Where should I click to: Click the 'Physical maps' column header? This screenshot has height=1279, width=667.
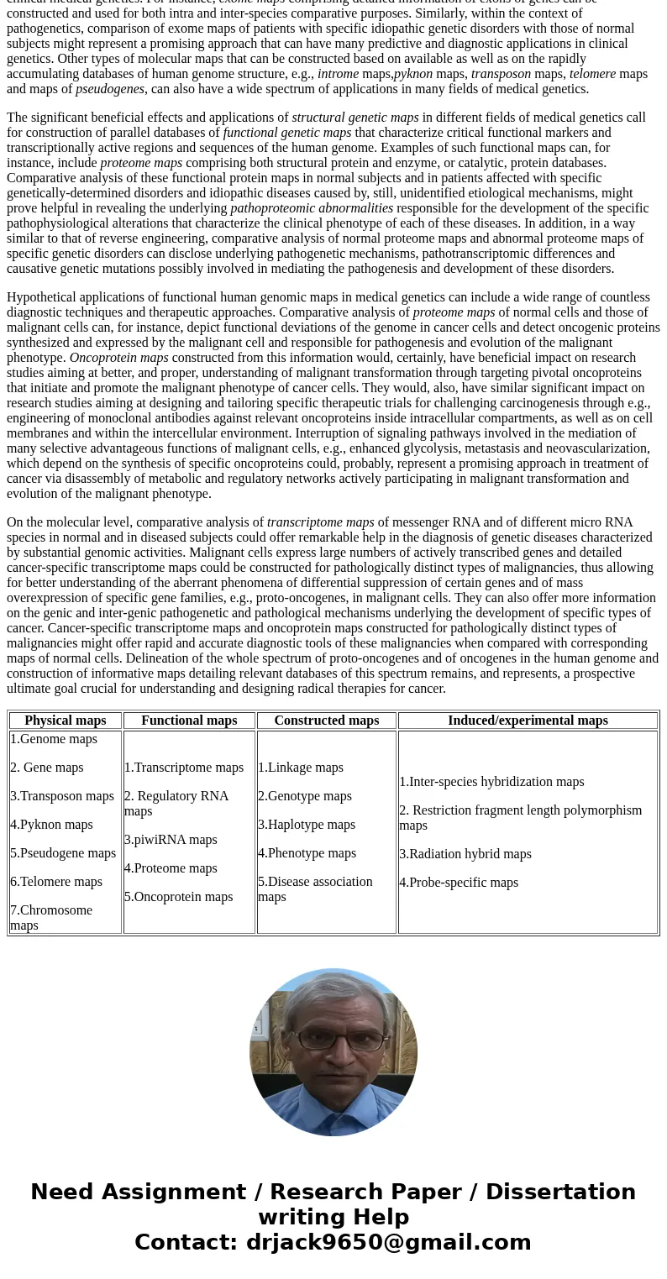coord(66,721)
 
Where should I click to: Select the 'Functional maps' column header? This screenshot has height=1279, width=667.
coord(189,721)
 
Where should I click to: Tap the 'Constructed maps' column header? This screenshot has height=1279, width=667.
coord(326,721)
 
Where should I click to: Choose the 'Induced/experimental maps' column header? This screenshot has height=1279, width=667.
coord(528,721)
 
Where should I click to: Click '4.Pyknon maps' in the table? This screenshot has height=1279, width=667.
coord(52,825)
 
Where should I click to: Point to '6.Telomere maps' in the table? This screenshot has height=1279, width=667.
coord(56,882)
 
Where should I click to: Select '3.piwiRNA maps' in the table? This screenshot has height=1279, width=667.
coord(171,840)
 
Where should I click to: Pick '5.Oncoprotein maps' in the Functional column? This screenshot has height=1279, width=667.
coord(178,897)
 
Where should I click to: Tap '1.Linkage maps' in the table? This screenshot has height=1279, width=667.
coord(301,768)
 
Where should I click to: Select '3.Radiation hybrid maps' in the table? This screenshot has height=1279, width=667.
coord(465,854)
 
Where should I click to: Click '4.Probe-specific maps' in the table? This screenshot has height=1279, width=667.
coord(459,883)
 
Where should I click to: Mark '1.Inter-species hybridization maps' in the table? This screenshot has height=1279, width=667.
coord(491,782)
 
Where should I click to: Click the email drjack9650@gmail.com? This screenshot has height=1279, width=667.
coord(388,1243)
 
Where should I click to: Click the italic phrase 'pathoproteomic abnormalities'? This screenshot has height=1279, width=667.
coord(312,208)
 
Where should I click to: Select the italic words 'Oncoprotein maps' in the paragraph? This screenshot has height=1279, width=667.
coord(119,358)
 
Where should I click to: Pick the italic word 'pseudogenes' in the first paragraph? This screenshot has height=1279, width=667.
coord(110,89)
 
